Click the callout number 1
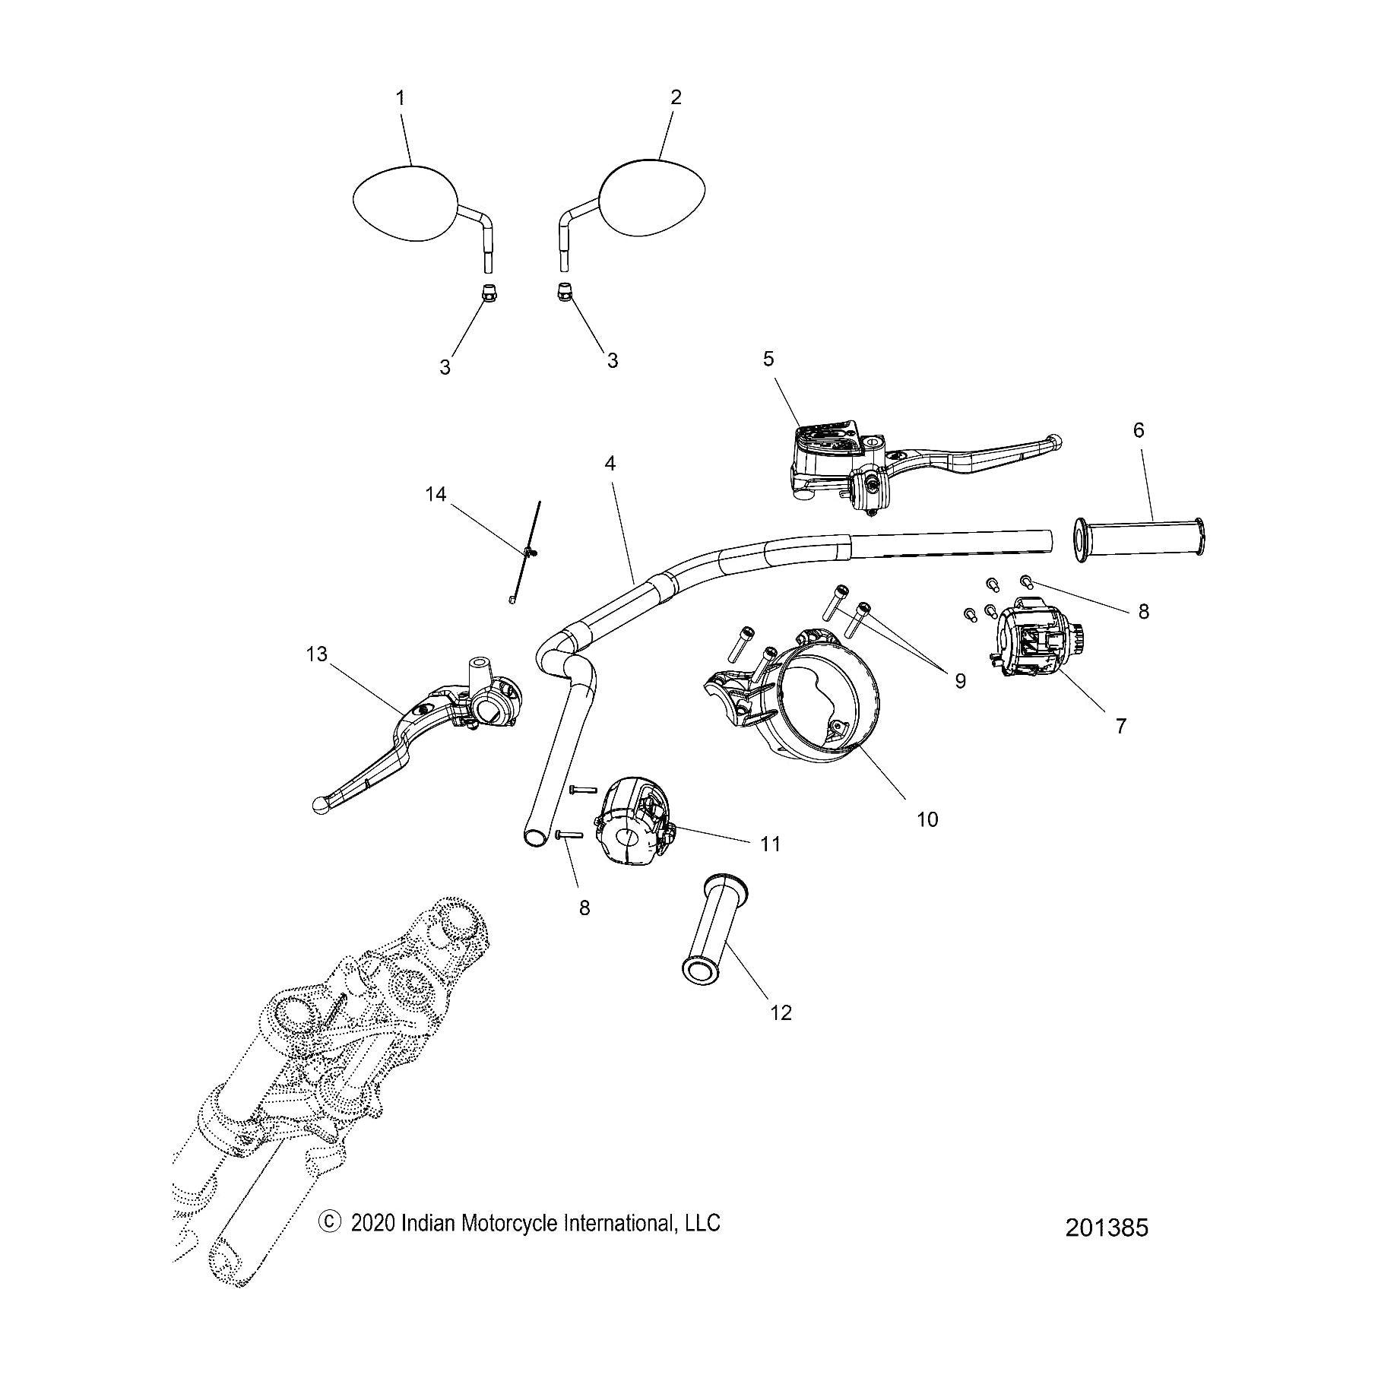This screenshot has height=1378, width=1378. point(400,98)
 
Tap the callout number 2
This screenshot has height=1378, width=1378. point(676,97)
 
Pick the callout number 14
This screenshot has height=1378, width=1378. point(436,495)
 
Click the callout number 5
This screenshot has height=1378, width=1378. point(768,359)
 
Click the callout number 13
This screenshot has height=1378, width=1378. point(316,654)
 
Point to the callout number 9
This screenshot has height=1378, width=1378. point(960,681)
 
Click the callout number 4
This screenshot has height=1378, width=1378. point(610,463)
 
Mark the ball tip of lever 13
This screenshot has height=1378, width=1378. point(322,806)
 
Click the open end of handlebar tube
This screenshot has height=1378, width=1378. point(534,836)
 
